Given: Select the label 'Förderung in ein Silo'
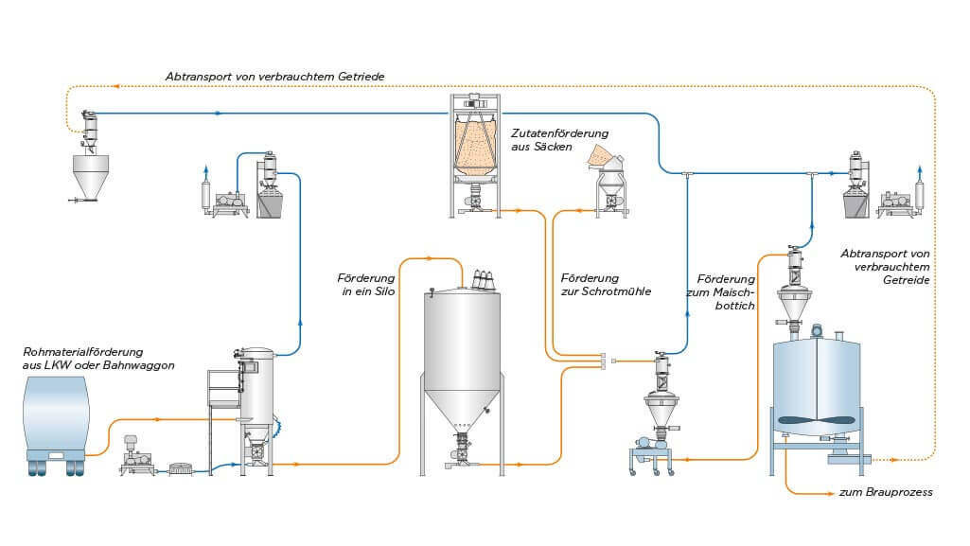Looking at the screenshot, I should click(364, 285).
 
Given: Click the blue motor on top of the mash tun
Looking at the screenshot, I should click(814, 331).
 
